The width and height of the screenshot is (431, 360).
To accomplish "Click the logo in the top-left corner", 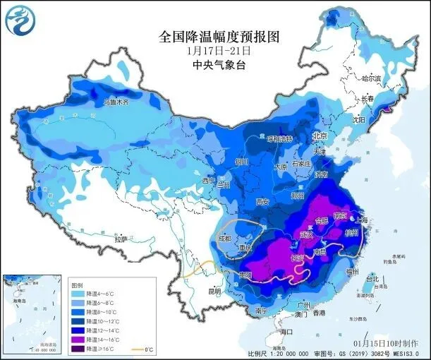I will pyautogui.click(x=19, y=22).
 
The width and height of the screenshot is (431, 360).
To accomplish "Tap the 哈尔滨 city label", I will pyautogui.click(x=370, y=78).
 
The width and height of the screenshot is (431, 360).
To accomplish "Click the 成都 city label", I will pyautogui.click(x=224, y=238).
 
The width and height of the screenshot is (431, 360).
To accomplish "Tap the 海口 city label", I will pyautogui.click(x=286, y=331).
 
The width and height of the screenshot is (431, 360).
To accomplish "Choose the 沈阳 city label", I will pyautogui.click(x=358, y=120).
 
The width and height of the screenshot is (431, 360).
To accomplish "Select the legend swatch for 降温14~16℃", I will pyautogui.click(x=78, y=339).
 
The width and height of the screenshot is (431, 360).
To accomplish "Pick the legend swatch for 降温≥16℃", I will pyautogui.click(x=78, y=349).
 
